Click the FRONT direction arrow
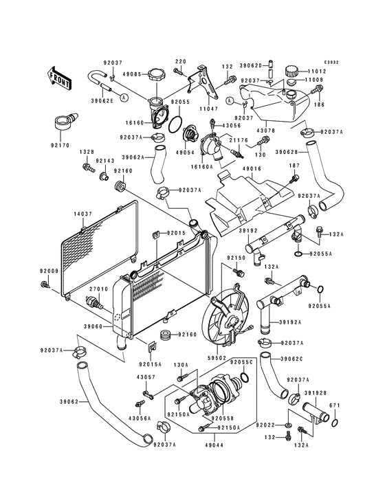(x=58, y=78)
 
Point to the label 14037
(x=83, y=214)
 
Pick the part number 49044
(x=214, y=445)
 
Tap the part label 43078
(x=266, y=131)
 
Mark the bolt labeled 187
(x=294, y=179)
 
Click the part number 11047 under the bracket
(x=208, y=109)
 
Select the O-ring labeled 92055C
(x=244, y=377)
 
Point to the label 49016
(x=252, y=168)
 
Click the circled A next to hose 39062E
(x=124, y=96)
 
